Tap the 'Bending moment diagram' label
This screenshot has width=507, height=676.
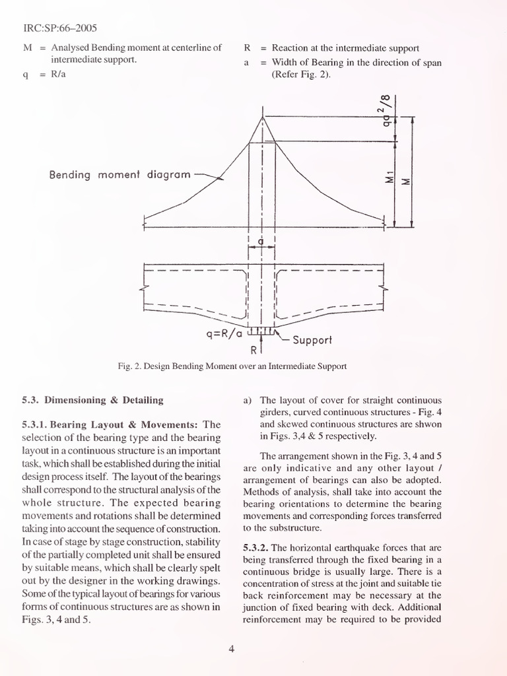pos(119,175)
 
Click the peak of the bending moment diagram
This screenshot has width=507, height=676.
pos(263,117)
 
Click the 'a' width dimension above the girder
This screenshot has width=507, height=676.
pos(261,242)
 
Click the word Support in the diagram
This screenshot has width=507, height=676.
pos(312,341)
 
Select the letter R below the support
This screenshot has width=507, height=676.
pos(254,349)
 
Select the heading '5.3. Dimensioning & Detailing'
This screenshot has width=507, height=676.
pos(92,399)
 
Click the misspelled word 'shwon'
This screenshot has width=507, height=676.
pos(427,424)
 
